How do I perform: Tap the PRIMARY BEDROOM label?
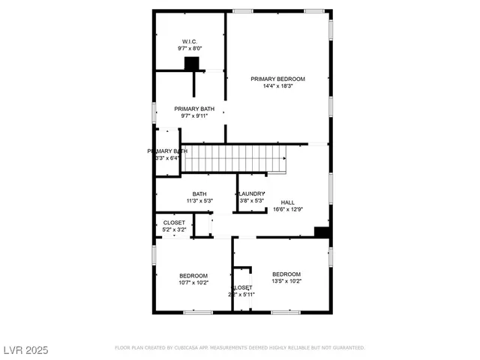tap(278, 79)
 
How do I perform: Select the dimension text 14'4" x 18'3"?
tap(278, 86)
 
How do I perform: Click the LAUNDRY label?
tap(252, 194)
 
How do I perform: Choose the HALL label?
tap(288, 202)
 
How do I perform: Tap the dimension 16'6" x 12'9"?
tap(288, 210)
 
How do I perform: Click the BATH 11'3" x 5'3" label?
tap(199, 194)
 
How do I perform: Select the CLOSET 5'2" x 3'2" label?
tap(174, 223)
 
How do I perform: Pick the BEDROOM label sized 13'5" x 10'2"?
tap(286, 274)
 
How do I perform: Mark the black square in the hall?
tap(322, 232)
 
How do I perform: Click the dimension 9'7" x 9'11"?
tap(193, 116)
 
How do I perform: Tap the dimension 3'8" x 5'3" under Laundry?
tap(252, 201)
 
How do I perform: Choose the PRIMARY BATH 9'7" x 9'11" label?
tap(193, 109)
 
